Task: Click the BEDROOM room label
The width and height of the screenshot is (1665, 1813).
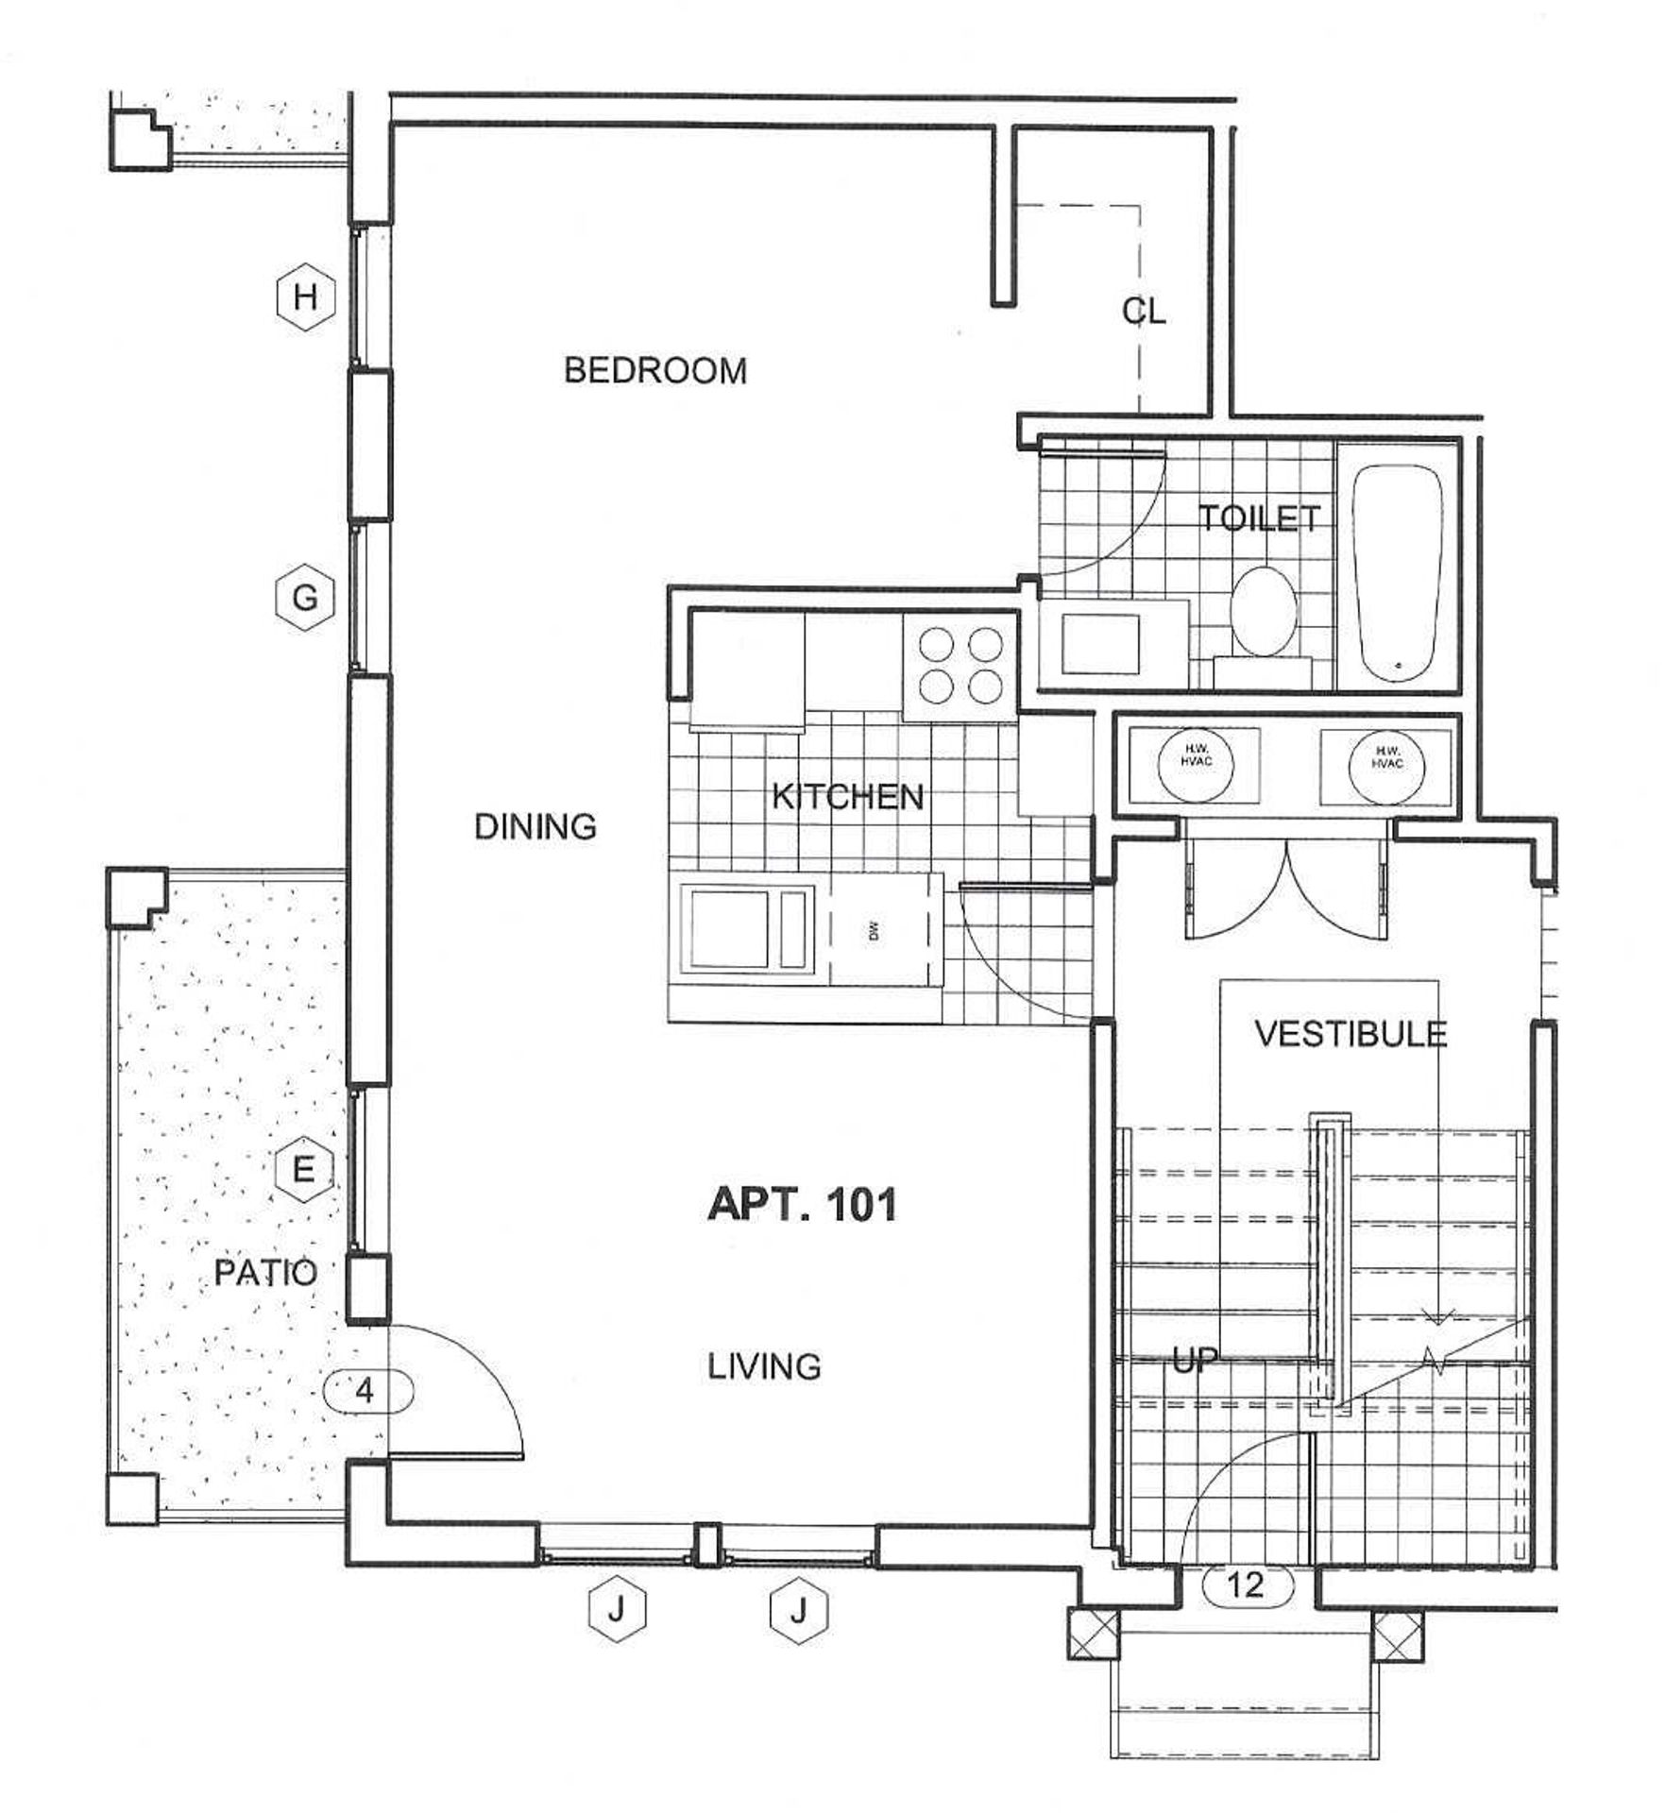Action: click(x=655, y=370)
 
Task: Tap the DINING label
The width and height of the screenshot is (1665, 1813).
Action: click(x=535, y=827)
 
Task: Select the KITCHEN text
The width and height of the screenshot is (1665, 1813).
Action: click(x=847, y=797)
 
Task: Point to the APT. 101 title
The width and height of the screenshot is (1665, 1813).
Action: click(x=802, y=1205)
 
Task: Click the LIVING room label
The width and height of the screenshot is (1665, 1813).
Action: click(x=765, y=1366)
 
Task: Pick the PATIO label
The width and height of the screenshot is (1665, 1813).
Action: click(x=265, y=1273)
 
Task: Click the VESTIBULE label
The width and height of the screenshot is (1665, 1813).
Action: click(x=1351, y=1034)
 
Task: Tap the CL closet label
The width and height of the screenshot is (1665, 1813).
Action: click(x=1145, y=311)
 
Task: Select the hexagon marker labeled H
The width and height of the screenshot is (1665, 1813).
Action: click(x=305, y=297)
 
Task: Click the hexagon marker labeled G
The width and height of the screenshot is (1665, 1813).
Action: click(x=305, y=598)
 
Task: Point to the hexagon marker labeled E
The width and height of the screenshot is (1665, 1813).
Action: click(x=303, y=1171)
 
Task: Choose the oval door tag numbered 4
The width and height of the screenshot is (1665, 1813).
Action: click(x=366, y=1390)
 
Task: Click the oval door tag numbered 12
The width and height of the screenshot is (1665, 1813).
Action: click(x=1247, y=1584)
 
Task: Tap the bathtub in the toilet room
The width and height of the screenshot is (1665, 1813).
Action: click(x=1398, y=573)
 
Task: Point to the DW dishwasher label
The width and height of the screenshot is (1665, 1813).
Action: click(x=874, y=931)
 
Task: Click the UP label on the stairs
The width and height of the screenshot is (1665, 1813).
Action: click(x=1195, y=1361)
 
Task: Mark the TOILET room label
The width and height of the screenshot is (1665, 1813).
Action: click(x=1260, y=517)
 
